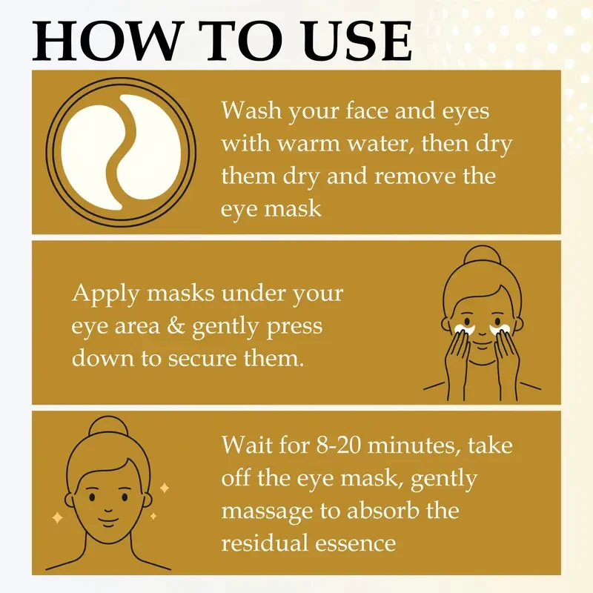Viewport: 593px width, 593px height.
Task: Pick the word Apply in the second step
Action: (104, 294)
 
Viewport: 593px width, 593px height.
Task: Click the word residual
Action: (270, 543)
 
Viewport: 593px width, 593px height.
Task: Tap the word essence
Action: (359, 543)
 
